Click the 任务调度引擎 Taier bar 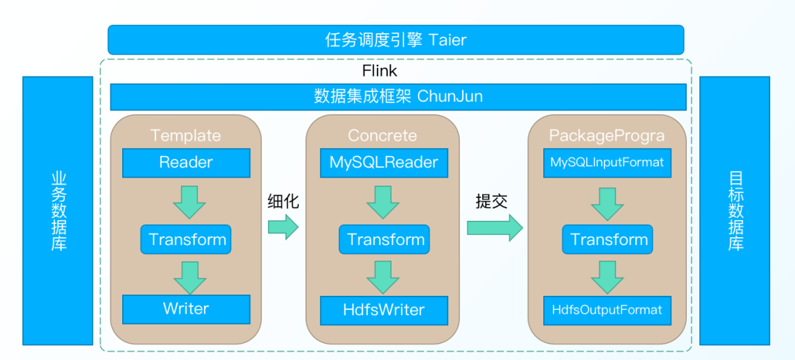(395, 40)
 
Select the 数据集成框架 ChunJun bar (398, 96)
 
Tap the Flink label (379, 71)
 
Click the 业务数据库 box (58, 211)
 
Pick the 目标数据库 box (735, 211)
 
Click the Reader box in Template (185, 163)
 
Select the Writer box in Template (185, 309)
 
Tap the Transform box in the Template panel (187, 239)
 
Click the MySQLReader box (384, 163)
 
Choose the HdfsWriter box (384, 310)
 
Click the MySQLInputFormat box (607, 162)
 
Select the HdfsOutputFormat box (607, 310)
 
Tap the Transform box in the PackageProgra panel (609, 239)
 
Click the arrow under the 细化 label (283, 228)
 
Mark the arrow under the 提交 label (494, 228)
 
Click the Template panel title (185, 135)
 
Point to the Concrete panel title (382, 135)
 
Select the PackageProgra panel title (607, 135)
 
